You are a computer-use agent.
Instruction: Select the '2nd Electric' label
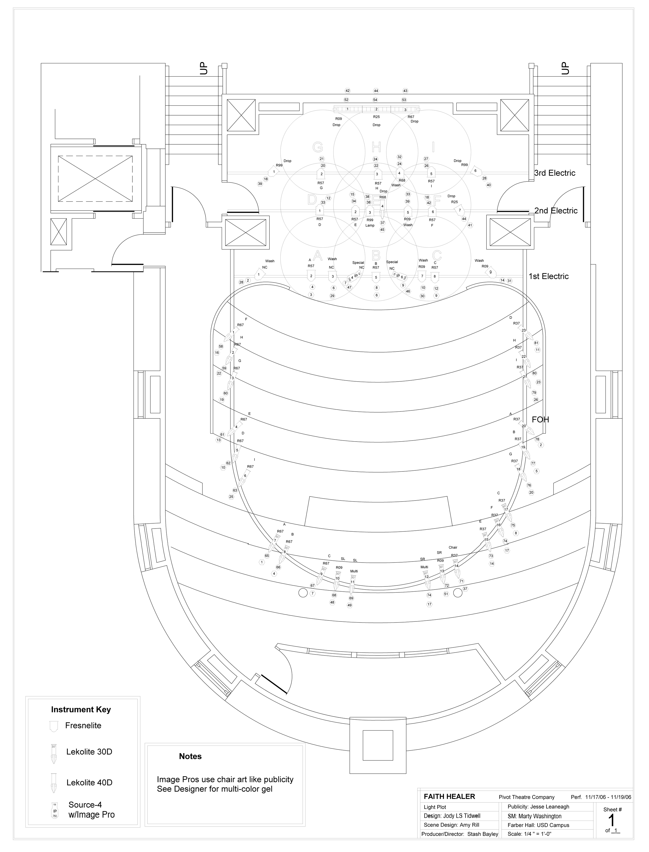(x=556, y=211)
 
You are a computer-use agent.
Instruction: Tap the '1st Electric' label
(x=549, y=276)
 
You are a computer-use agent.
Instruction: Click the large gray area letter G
(x=317, y=147)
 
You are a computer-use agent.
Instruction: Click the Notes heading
(x=190, y=756)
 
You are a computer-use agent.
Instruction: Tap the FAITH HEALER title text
(x=449, y=796)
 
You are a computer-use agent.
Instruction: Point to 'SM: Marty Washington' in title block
(x=534, y=816)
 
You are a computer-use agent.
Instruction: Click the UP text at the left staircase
(x=204, y=68)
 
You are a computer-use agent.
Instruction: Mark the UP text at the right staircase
(x=565, y=68)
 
